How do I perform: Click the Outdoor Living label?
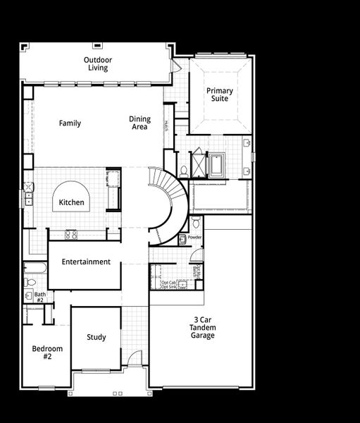[x=97, y=64]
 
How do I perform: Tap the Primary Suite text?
[x=219, y=94]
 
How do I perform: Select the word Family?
[x=70, y=123]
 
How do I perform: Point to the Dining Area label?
[x=139, y=123]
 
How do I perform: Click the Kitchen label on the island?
[x=71, y=203]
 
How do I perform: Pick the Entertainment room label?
[x=86, y=262]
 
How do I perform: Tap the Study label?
[x=97, y=337]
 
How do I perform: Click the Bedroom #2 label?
[x=47, y=352]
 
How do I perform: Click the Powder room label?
[x=194, y=238]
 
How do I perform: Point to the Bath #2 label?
[x=39, y=298]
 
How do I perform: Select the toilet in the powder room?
[x=195, y=224]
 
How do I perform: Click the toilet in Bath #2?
[x=29, y=282]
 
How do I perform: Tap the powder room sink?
[x=182, y=239]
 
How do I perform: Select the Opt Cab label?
[x=158, y=282]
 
